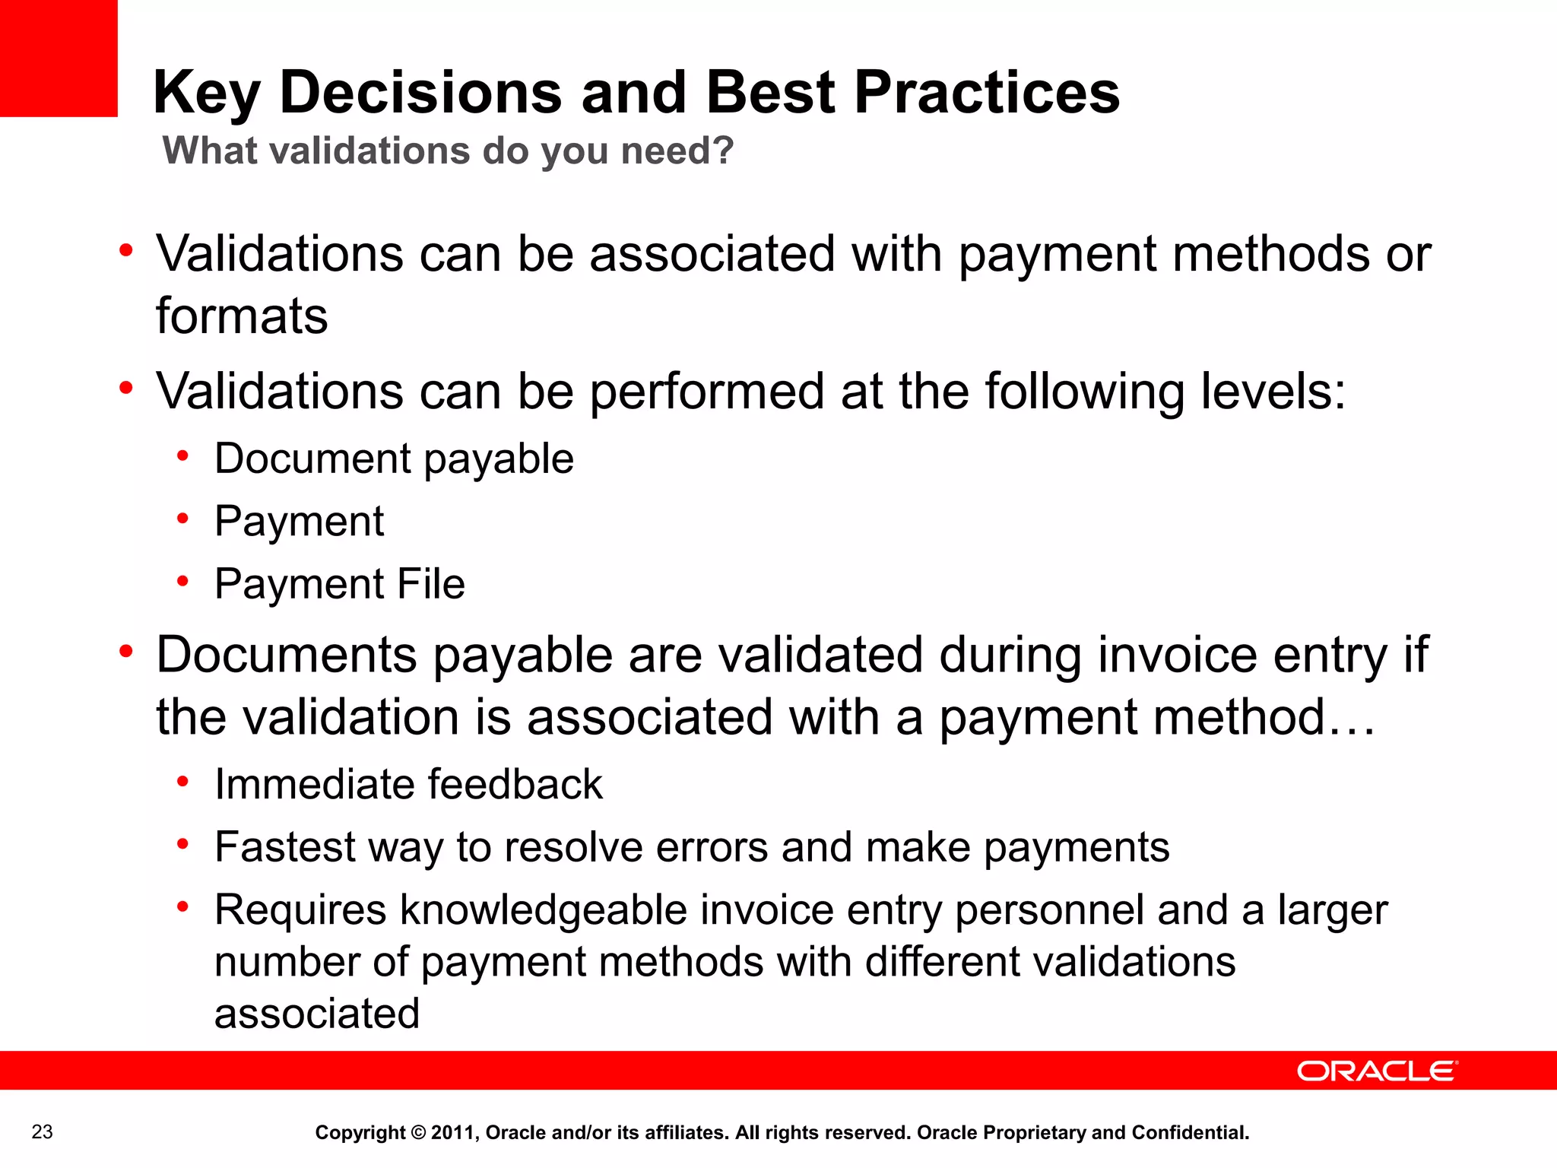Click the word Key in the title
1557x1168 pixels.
pyautogui.click(x=207, y=93)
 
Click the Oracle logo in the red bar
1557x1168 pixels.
pyautogui.click(x=1377, y=1071)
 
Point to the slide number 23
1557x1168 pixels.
pyautogui.click(x=43, y=1131)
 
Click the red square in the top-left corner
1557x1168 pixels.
pyautogui.click(x=59, y=58)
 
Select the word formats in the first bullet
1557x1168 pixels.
pyautogui.click(x=242, y=316)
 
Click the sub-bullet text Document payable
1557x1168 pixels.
pyautogui.click(x=394, y=459)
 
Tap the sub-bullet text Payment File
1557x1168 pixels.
pyautogui.click(x=339, y=584)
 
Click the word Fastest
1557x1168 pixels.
pyautogui.click(x=285, y=847)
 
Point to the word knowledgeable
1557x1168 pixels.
pyautogui.click(x=544, y=910)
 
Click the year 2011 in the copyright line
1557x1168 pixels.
pyautogui.click(x=453, y=1133)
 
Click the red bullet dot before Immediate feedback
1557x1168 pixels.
pyautogui.click(x=182, y=781)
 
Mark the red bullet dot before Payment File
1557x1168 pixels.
pyautogui.click(x=182, y=582)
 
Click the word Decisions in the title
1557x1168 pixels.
pyautogui.click(x=420, y=93)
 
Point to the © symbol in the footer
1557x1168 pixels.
pyautogui.click(x=418, y=1133)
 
